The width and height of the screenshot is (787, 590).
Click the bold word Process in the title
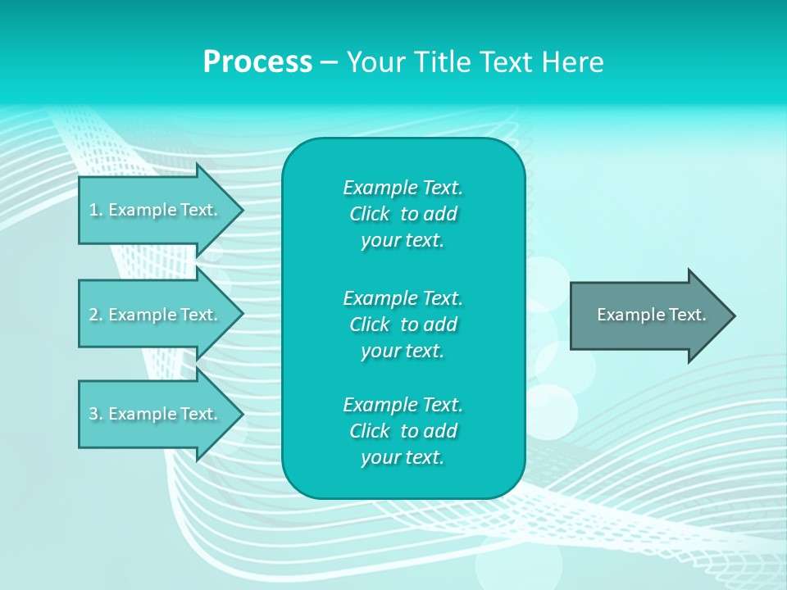coord(257,62)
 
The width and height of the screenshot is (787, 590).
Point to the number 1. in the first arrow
coord(95,210)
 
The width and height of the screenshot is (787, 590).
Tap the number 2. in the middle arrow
coord(95,315)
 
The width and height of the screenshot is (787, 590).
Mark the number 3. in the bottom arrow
coord(95,414)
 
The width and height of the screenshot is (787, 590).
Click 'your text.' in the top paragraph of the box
coord(403,241)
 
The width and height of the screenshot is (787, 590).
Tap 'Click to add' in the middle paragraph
coord(403,324)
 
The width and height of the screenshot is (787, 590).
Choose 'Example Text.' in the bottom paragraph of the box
coord(403,405)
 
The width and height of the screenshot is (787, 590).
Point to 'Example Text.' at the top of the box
coord(403,188)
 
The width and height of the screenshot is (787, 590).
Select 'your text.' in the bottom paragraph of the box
coord(403,458)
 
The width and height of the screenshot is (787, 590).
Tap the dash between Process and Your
coord(329,63)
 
